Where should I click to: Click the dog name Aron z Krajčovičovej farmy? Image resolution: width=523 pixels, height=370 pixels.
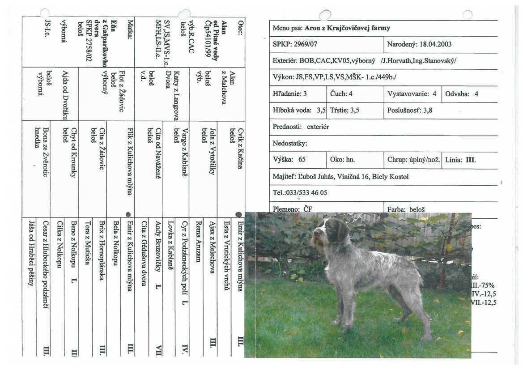point(347,28)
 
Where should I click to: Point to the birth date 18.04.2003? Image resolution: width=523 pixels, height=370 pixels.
point(434,44)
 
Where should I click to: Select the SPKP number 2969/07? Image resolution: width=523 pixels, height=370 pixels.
point(309,44)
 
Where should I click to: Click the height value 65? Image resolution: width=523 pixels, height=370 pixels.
point(302,160)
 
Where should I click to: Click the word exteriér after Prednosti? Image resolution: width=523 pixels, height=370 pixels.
point(318,127)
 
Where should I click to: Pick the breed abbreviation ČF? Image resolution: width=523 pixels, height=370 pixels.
point(307,209)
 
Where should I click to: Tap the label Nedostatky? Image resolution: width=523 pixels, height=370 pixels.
point(290,144)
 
